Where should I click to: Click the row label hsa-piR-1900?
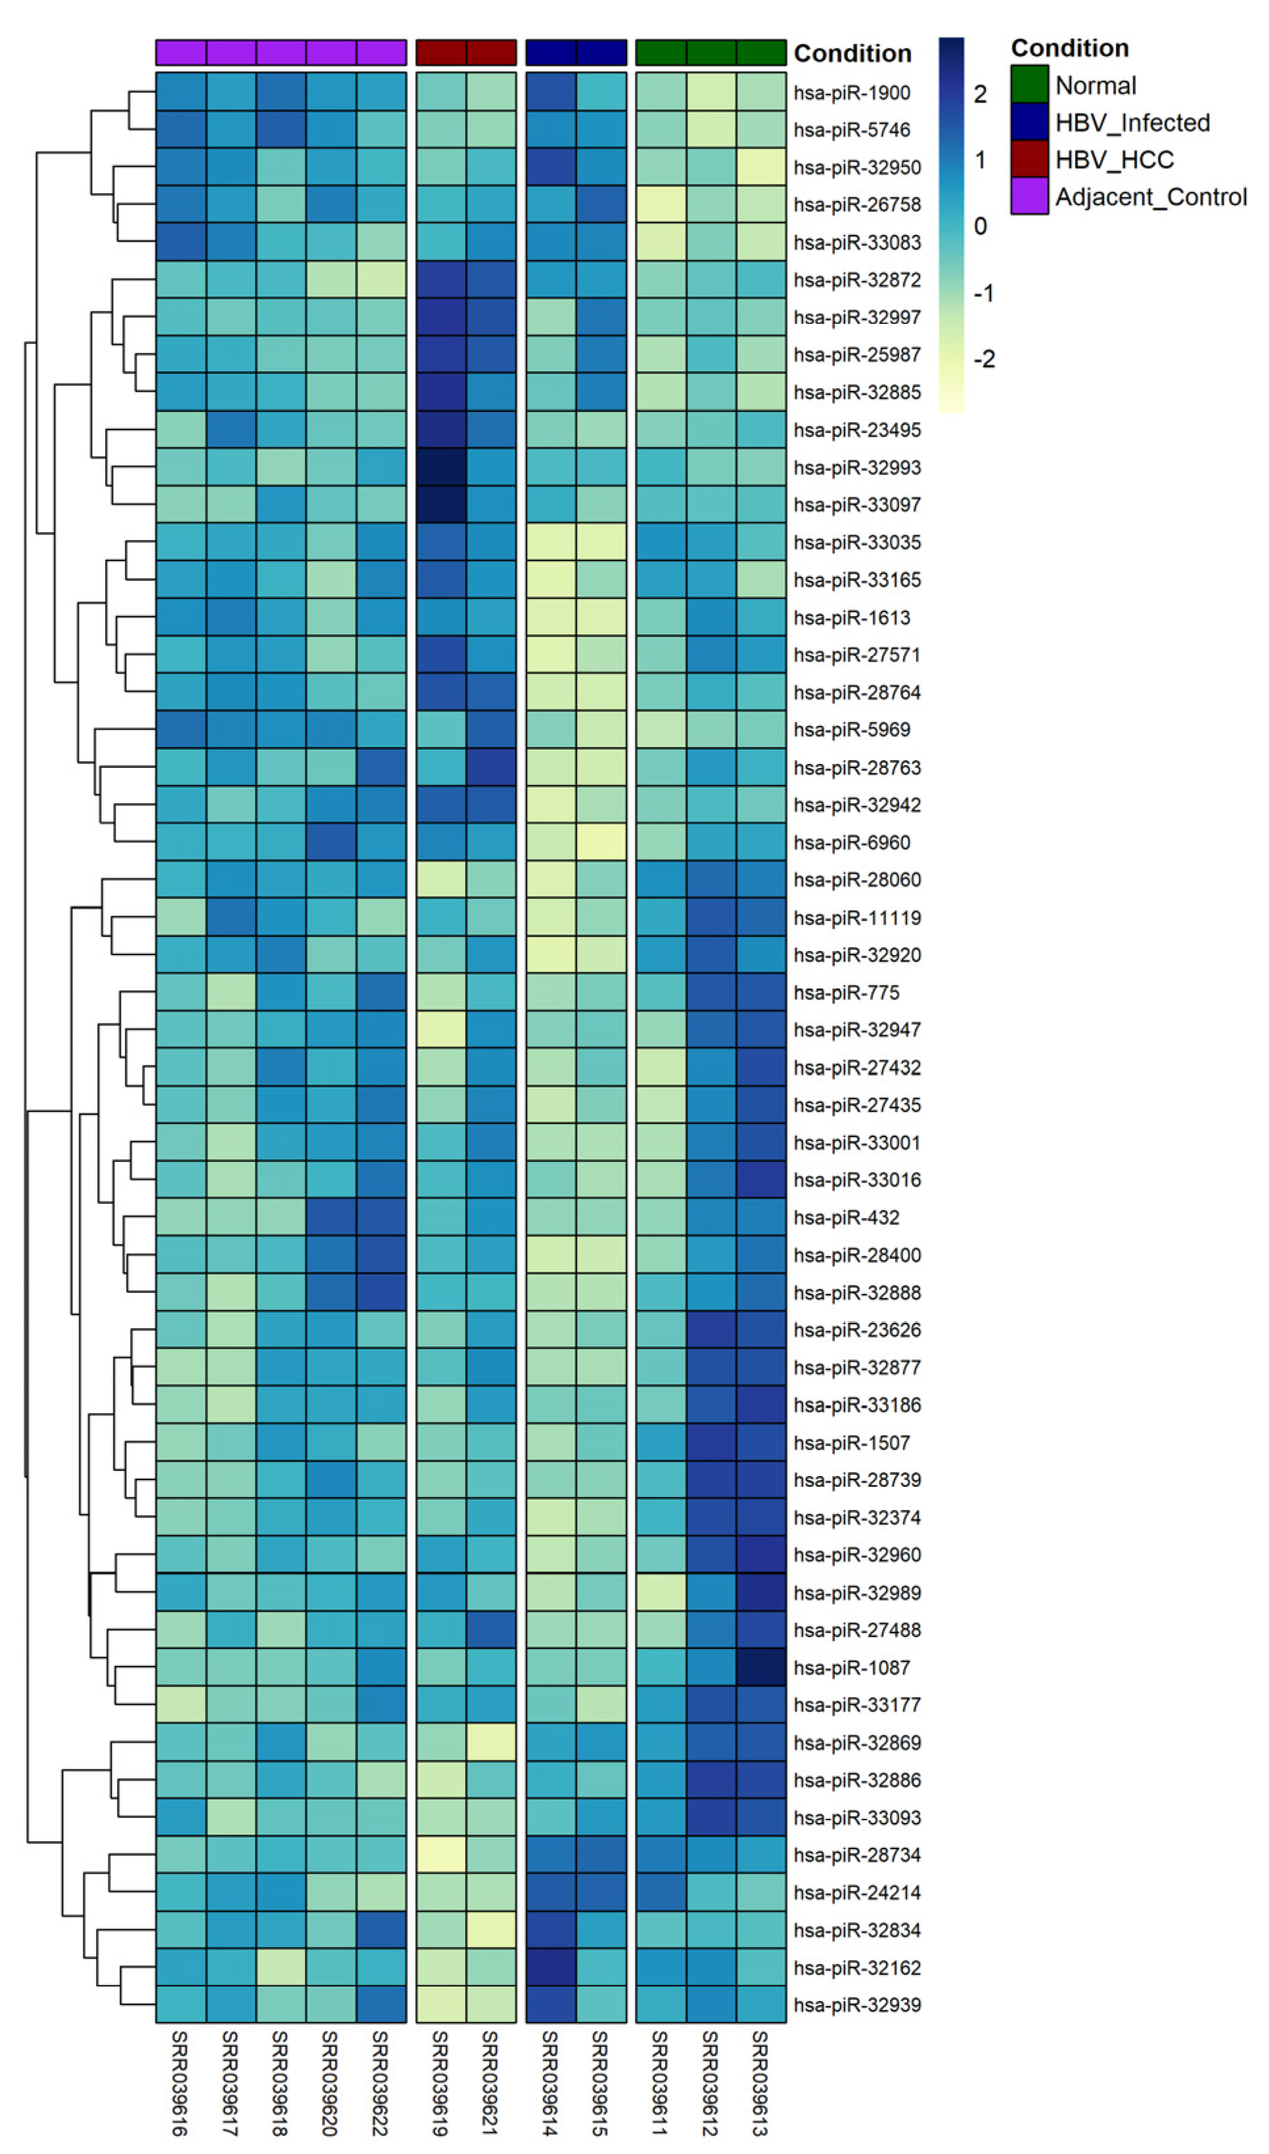click(851, 93)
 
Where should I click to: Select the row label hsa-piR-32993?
click(857, 468)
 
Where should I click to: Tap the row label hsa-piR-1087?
click(851, 1668)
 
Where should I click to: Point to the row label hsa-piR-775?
click(846, 993)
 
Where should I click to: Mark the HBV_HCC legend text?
click(1113, 160)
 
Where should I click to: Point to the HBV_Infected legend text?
click(1132, 122)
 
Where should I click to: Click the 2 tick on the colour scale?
click(980, 94)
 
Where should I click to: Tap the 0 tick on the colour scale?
click(980, 227)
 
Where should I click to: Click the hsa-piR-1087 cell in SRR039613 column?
click(760, 1668)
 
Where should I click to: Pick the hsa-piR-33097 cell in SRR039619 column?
click(440, 505)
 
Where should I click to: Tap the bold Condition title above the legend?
click(1069, 48)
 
